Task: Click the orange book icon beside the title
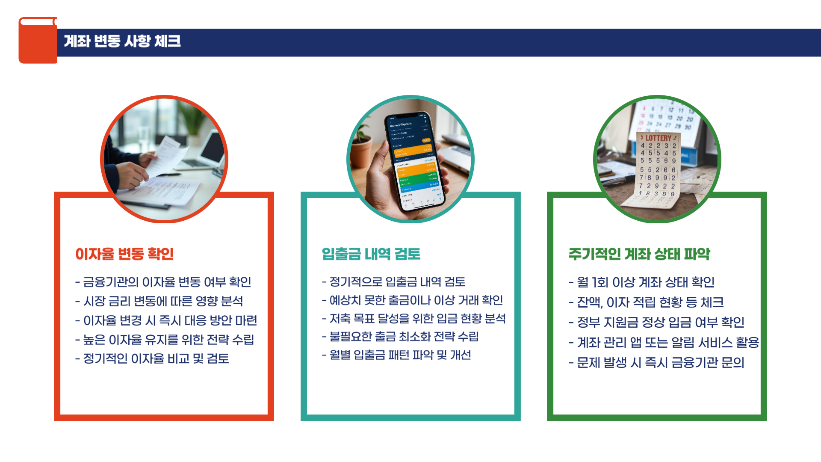[x=38, y=41]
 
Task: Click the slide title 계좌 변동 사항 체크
[x=122, y=41]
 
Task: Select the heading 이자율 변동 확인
[x=124, y=254]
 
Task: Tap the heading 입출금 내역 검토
[x=371, y=254]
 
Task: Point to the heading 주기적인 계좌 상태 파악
[x=639, y=254]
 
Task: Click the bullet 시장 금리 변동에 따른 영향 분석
[x=163, y=301]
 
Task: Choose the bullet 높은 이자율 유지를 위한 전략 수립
[x=168, y=340]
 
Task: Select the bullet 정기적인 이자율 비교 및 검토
[x=156, y=358]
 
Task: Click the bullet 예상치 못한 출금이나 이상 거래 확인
[x=416, y=300]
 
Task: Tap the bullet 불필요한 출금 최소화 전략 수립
[x=404, y=337]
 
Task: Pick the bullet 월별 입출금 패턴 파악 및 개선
[x=400, y=355]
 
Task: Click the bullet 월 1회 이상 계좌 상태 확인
[x=645, y=282]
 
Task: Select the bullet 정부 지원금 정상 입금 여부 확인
[x=660, y=322]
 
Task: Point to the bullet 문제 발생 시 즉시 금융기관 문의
[x=660, y=363]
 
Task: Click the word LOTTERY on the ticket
[x=658, y=138]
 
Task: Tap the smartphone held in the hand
[x=414, y=163]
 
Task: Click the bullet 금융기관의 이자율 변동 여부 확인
[x=167, y=282]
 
